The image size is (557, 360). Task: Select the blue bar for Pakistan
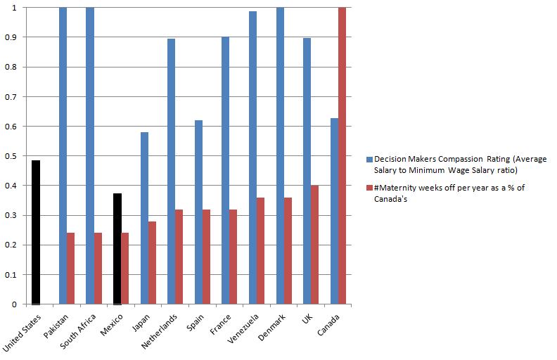click(63, 155)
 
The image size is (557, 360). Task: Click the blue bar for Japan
click(144, 218)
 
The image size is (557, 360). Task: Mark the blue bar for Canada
click(334, 211)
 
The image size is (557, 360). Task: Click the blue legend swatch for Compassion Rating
click(369, 160)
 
